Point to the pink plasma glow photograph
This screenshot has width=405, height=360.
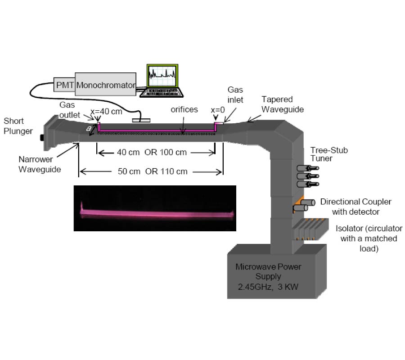[155, 208]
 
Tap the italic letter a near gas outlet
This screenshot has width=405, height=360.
[90, 128]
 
